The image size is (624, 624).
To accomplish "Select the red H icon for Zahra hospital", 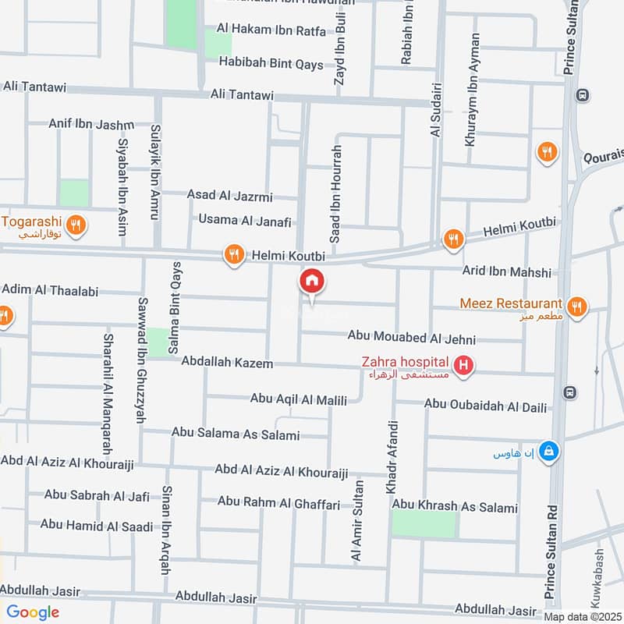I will [463, 365].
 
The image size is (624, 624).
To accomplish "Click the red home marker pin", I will [312, 282].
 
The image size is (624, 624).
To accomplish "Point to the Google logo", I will [33, 612].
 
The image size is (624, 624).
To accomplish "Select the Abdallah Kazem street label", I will [227, 363].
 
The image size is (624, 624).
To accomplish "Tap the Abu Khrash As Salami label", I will [455, 507].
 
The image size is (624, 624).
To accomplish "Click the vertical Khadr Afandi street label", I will [392, 457].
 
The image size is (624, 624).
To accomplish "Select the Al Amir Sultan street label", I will [357, 520].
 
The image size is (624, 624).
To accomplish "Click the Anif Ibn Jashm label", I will [91, 123].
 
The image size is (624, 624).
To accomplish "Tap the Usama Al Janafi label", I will [244, 220].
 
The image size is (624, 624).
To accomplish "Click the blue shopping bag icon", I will [550, 451].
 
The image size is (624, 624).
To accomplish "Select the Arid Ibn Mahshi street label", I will [506, 272].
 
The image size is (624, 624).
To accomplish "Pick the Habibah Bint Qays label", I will [271, 64].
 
